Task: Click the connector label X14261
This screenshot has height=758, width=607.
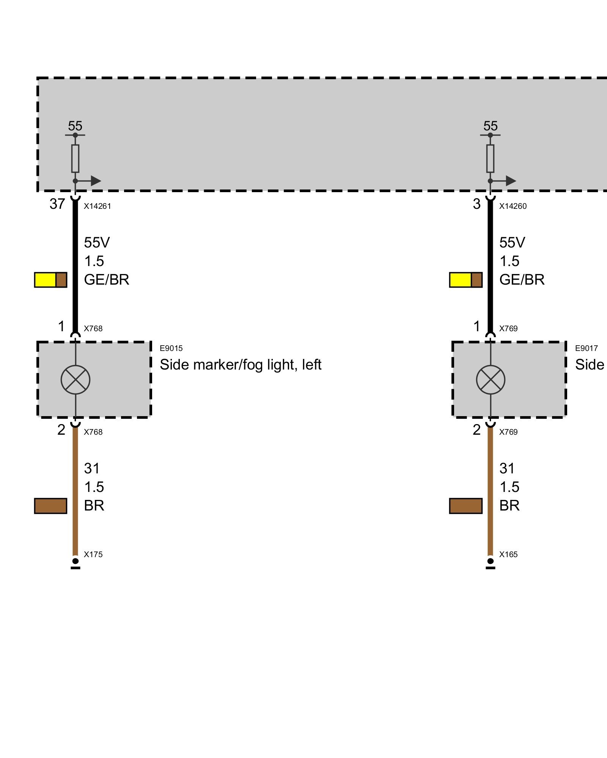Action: tap(97, 206)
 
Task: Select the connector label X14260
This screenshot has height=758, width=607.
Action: tap(513, 206)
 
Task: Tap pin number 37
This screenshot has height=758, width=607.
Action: tap(57, 204)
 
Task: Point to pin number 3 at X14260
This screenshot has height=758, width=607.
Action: tap(476, 204)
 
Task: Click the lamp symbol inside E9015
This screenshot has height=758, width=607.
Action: tap(75, 379)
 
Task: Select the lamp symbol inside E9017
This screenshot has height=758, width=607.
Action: tap(491, 379)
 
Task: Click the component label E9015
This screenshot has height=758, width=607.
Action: tap(171, 348)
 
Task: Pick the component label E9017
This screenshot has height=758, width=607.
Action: tap(586, 348)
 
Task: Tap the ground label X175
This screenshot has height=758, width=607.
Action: tap(93, 554)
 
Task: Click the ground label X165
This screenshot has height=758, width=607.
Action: tap(508, 554)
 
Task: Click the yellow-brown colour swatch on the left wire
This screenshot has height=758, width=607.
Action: tap(50, 280)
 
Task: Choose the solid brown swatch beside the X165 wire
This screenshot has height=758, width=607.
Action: tap(466, 506)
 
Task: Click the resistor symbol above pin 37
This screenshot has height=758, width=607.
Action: tap(75, 158)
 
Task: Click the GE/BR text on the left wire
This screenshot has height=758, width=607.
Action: tap(107, 280)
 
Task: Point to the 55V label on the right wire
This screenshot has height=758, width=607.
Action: tap(512, 243)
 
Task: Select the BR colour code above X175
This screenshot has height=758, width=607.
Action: tap(94, 506)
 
